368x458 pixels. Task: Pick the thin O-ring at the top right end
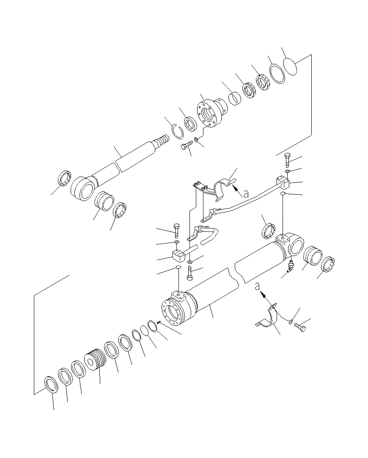[291, 66]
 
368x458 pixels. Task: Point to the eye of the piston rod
[82, 189]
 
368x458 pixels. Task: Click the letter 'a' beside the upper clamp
[245, 193]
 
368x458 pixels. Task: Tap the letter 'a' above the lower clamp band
[257, 287]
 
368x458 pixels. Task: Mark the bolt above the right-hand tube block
[288, 159]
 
